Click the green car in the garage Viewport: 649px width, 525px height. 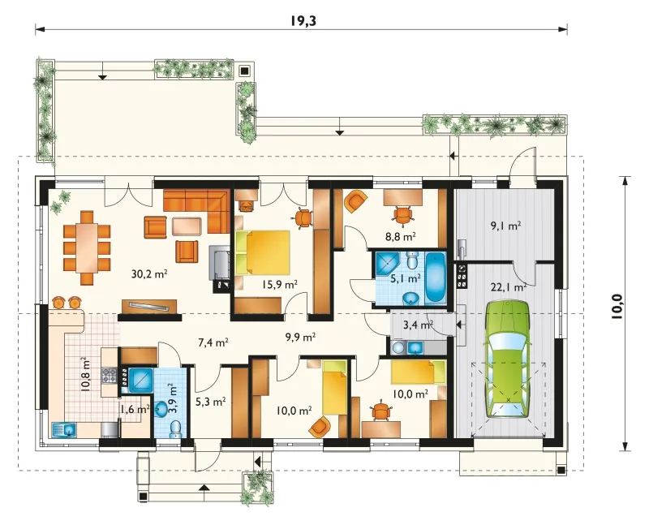pos(508,359)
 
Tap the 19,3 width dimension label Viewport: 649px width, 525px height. pos(303,21)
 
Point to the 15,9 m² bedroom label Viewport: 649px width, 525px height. pos(280,285)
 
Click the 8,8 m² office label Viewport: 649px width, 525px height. pos(401,237)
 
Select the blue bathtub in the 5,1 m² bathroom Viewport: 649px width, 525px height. pos(435,278)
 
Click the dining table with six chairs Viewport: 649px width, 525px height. pos(87,247)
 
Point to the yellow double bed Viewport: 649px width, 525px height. pos(262,252)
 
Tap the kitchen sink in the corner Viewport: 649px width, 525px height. pos(64,430)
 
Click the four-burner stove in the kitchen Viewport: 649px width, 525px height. pos(109,375)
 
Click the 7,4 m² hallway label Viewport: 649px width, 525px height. pos(213,342)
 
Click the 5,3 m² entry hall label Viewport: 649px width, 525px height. pos(210,401)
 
